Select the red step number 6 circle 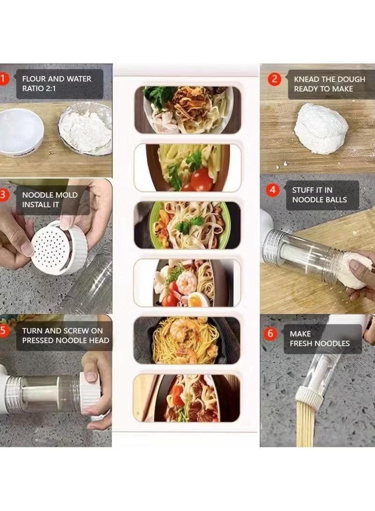point(270,333)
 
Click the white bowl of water point(21,133)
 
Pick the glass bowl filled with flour point(85,127)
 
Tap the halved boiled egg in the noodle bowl point(198,299)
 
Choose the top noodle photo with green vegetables point(187,110)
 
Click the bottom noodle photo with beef point(187,398)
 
